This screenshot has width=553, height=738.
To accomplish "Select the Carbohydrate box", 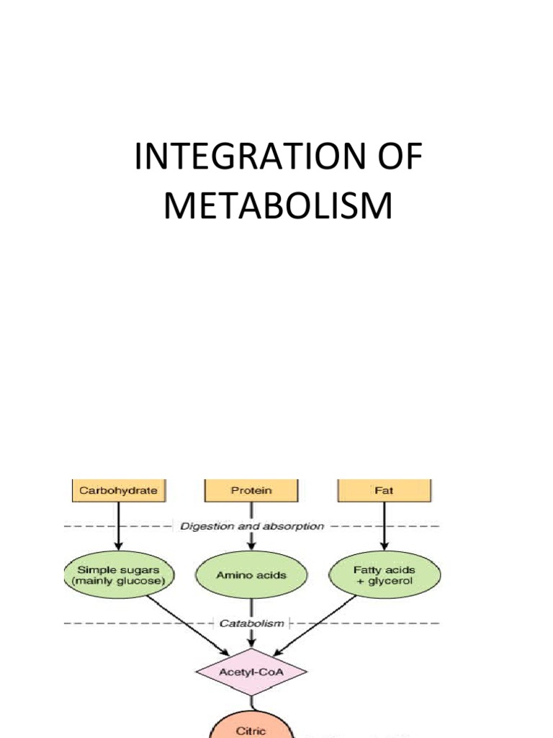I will click(x=117, y=491).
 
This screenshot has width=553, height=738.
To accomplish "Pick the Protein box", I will click(x=251, y=491).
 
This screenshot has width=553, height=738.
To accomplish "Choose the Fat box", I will click(x=385, y=491).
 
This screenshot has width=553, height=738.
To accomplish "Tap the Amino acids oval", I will click(x=251, y=575).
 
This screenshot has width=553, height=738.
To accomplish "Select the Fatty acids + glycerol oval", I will click(x=385, y=574).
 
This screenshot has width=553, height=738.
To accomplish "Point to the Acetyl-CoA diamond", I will click(x=251, y=672).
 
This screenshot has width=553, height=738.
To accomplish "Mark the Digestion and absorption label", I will click(x=251, y=526).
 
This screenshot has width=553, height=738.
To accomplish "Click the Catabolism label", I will click(x=251, y=623).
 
